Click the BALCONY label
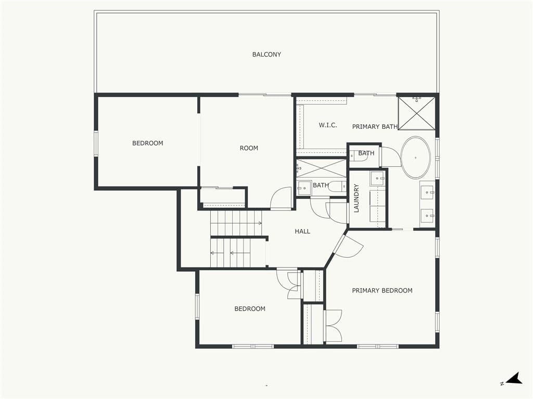(x=266, y=54)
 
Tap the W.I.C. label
(x=328, y=125)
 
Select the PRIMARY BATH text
(x=375, y=127)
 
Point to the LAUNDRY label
(x=356, y=198)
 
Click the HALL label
(x=302, y=231)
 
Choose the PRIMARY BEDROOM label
(x=382, y=290)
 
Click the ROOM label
(x=249, y=148)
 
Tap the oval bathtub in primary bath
(x=415, y=158)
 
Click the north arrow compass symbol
(x=514, y=379)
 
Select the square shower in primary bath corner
(x=416, y=113)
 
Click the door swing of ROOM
(x=281, y=198)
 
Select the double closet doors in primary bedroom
(x=333, y=326)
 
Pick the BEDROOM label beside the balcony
(x=147, y=143)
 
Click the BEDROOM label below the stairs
(x=250, y=309)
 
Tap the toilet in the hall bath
(x=337, y=187)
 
